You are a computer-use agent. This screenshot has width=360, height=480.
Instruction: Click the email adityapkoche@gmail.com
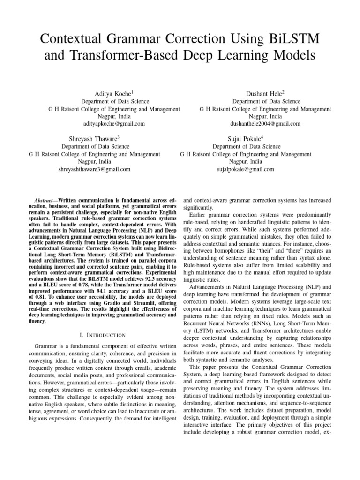point(114,124)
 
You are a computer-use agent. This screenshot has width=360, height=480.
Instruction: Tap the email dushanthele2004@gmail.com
point(265,124)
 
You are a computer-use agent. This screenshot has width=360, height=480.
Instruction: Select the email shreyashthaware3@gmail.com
point(94,169)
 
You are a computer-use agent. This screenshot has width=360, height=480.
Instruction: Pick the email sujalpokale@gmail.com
point(246,169)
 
